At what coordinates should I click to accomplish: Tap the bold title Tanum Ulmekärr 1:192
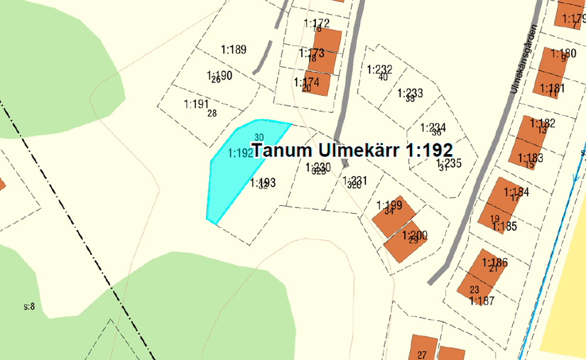(x=352, y=151)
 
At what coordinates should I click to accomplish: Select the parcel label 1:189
(x=233, y=50)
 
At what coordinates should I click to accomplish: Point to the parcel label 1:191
(x=195, y=104)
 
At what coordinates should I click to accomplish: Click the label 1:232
(x=379, y=69)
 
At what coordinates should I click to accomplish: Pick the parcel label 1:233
(x=410, y=93)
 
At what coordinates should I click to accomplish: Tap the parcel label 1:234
(x=433, y=128)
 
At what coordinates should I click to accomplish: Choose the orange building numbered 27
(x=423, y=348)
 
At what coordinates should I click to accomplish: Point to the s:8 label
(x=29, y=307)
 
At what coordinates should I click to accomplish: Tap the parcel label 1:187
(x=482, y=300)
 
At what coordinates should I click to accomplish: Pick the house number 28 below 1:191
(x=212, y=113)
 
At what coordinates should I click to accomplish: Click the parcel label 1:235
(x=449, y=162)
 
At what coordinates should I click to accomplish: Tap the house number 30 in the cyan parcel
(x=259, y=138)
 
